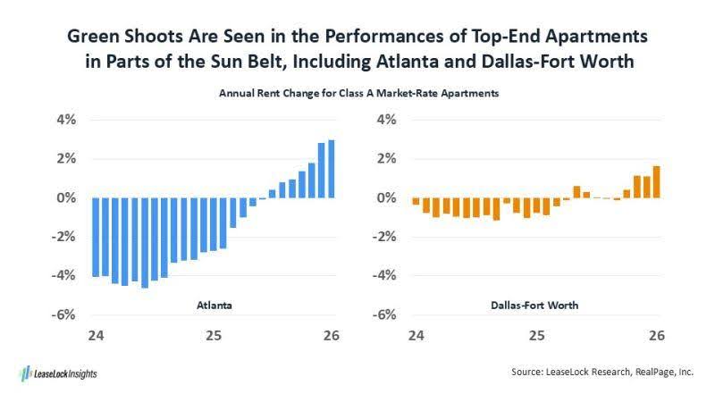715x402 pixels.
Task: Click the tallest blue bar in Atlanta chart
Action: pos(332,169)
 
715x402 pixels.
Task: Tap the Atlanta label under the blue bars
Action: pos(214,306)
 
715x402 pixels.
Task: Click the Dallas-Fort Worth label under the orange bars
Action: pos(534,306)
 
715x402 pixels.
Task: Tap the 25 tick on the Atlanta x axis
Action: pos(213,336)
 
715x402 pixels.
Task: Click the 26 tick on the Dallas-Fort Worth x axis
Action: pos(656,336)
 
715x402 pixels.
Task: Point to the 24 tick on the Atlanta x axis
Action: pos(93,336)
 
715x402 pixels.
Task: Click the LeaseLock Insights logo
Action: pos(57,373)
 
